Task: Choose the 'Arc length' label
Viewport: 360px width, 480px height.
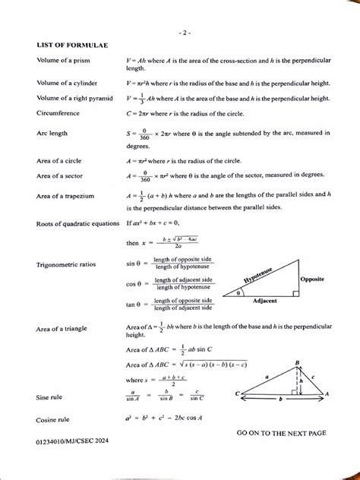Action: [x=52, y=133]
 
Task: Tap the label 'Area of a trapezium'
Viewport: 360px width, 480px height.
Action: [x=69, y=196]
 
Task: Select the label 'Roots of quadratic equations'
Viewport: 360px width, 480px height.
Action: [x=78, y=224]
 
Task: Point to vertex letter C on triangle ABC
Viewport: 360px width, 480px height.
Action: [x=238, y=393]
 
